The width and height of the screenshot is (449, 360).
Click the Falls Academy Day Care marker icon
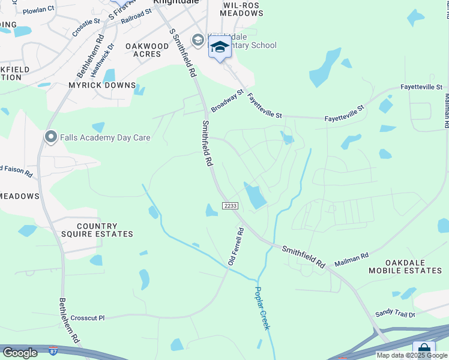coord(51,137)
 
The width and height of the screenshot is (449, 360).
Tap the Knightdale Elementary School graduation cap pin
coord(220,48)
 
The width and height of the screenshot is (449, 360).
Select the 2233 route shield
coord(231,206)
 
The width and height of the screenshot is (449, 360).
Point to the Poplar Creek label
coord(262,308)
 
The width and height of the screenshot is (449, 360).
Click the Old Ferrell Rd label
coord(235,247)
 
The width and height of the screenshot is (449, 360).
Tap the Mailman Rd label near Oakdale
coord(352,258)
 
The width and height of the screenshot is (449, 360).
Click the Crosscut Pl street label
coord(88,317)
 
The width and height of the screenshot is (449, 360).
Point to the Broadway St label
coord(226,101)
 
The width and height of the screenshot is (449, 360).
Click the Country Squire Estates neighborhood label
coord(97,230)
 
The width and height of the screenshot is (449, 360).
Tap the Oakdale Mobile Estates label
coord(413,267)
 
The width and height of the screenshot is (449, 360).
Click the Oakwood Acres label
coord(147,50)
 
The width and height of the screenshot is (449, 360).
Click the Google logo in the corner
coord(20,353)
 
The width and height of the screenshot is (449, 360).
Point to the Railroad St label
coord(136,16)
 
